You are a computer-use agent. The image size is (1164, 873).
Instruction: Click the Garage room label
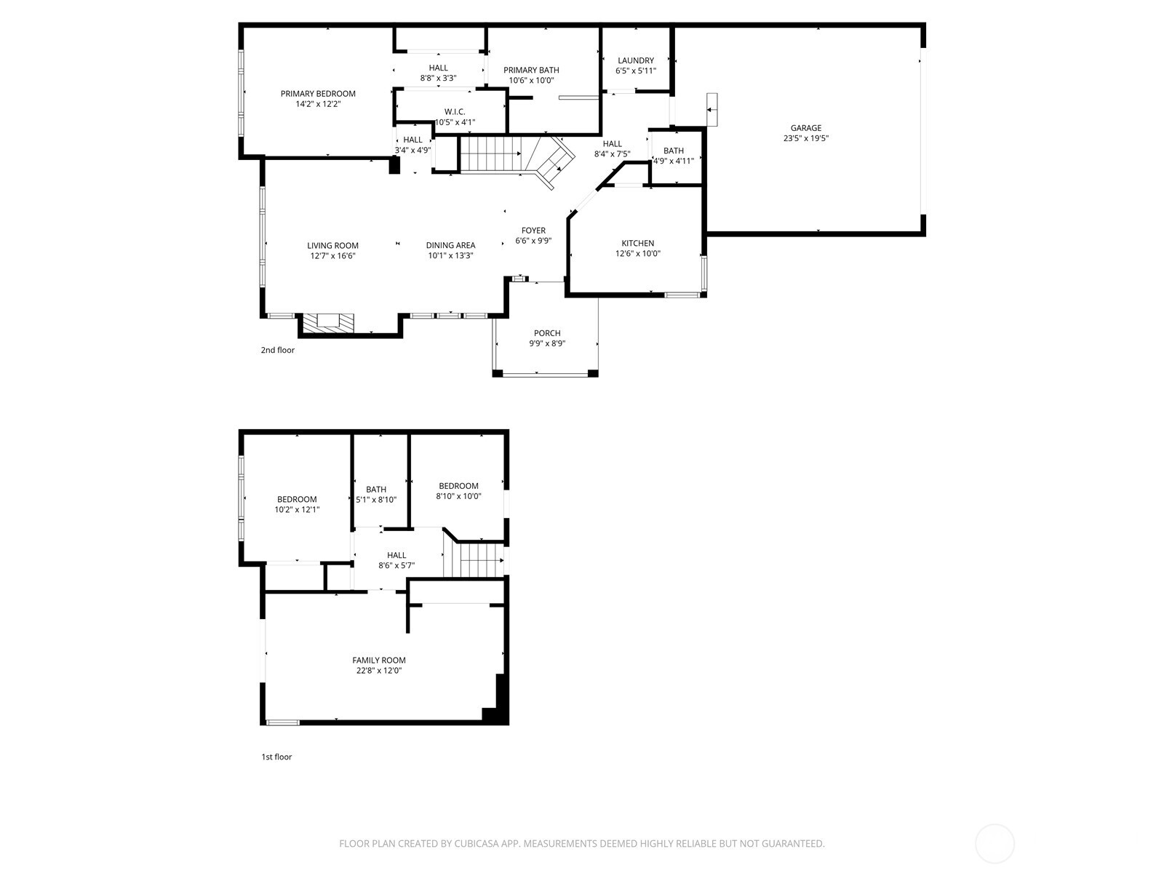806,128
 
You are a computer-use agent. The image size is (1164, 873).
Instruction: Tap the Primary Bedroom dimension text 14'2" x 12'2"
318,104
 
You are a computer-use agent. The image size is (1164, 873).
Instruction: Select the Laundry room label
636,60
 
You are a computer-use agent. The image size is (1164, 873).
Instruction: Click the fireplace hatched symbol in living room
328,323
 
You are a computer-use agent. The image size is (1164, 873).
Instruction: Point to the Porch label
547,333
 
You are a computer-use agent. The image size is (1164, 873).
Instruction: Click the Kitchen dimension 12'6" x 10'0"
637,254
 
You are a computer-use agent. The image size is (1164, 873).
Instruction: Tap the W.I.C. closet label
455,111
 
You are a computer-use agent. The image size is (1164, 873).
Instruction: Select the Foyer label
533,231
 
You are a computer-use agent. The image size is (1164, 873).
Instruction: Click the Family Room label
379,661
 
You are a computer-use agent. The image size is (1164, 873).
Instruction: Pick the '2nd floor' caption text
278,350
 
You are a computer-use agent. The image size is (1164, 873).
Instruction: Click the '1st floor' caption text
276,757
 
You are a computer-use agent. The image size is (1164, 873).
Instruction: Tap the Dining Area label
450,245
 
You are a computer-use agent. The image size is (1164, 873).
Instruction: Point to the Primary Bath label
531,70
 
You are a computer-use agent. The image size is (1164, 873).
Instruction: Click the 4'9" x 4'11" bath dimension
674,161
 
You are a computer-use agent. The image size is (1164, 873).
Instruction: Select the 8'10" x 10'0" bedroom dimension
458,496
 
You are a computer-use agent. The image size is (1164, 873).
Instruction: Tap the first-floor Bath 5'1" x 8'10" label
376,490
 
